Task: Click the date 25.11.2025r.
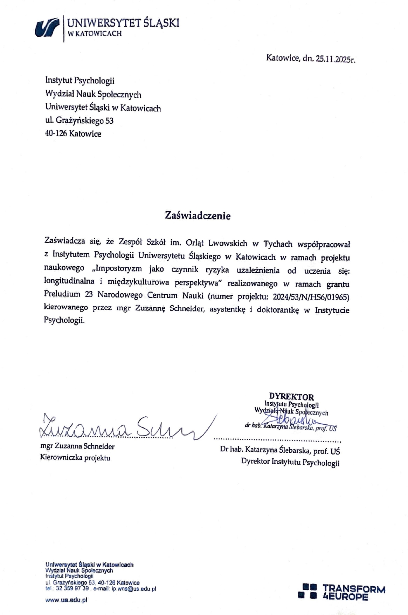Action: (335, 59)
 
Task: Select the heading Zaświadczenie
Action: (198, 216)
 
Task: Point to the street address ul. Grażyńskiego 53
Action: (79, 121)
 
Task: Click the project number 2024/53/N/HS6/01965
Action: (311, 297)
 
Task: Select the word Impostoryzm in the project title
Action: (119, 269)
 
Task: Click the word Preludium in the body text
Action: (62, 294)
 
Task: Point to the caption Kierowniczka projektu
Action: (75, 458)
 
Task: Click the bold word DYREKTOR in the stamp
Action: (291, 397)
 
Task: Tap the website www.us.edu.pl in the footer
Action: (66, 600)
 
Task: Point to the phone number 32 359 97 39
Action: (72, 589)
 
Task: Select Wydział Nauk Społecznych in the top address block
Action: (93, 94)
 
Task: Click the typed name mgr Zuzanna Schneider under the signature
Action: (77, 446)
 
